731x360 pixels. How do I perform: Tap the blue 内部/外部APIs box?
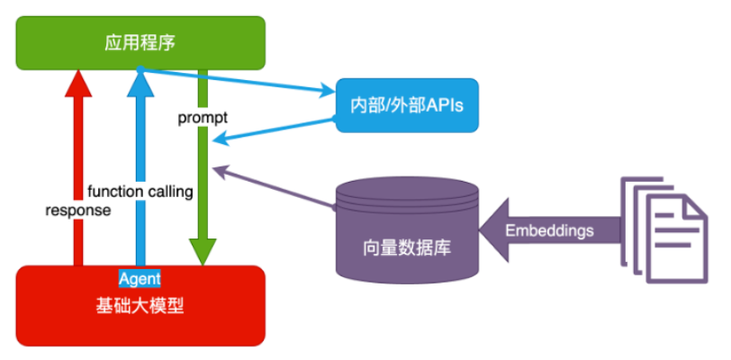(404, 104)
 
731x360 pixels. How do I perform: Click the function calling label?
(140, 191)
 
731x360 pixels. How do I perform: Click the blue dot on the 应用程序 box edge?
(140, 69)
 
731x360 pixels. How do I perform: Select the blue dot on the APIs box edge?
(335, 120)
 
